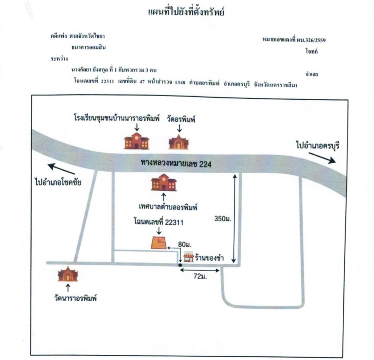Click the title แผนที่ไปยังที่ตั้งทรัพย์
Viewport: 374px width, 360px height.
(x=186, y=12)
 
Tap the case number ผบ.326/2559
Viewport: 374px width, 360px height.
(x=311, y=40)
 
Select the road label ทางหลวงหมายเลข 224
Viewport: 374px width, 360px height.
(x=176, y=163)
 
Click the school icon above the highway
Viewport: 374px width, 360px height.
(x=136, y=141)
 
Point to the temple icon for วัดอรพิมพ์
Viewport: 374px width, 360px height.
(x=179, y=142)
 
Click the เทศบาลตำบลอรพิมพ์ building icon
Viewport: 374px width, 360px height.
(x=164, y=182)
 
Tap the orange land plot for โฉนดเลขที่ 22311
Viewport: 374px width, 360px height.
(x=159, y=242)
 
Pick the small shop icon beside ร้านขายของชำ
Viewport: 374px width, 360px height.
(x=189, y=257)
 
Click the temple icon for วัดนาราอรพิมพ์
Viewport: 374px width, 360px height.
(x=68, y=274)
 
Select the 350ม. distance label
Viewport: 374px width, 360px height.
(x=223, y=219)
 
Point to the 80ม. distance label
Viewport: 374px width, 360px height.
(x=185, y=244)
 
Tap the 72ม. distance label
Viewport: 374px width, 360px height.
(x=200, y=277)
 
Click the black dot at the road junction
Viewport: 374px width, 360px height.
(x=180, y=265)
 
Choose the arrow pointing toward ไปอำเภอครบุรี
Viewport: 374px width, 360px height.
(x=322, y=158)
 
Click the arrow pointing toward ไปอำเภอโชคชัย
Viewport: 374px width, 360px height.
(x=61, y=169)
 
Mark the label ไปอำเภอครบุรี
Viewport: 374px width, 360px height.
(x=318, y=145)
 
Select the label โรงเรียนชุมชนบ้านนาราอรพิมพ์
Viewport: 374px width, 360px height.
(x=116, y=118)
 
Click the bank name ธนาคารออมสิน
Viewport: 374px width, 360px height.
(x=88, y=47)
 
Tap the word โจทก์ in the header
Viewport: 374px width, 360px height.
(x=312, y=51)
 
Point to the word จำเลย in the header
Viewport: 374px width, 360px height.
(x=312, y=74)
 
